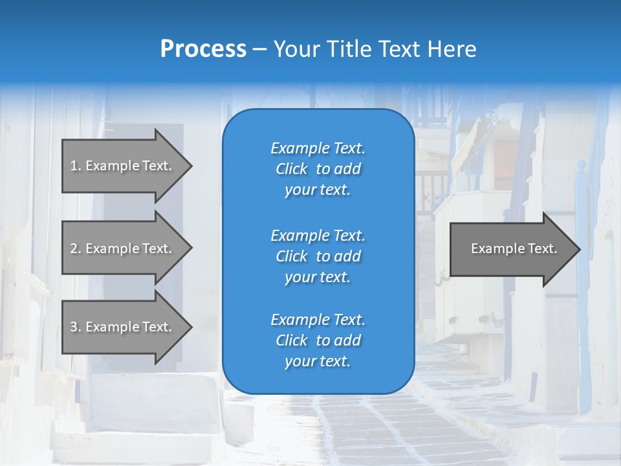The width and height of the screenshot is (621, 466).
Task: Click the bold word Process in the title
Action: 203,49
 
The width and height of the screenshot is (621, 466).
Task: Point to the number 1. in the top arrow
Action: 76,166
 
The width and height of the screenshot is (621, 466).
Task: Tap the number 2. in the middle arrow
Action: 76,249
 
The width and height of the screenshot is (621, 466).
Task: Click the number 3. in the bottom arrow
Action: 76,327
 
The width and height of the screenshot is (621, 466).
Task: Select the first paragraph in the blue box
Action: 318,169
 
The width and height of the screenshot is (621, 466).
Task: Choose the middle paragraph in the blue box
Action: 318,256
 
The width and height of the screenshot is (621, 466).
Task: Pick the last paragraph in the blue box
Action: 318,340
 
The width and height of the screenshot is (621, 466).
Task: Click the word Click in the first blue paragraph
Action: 292,169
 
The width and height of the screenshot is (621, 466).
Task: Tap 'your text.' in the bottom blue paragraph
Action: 318,362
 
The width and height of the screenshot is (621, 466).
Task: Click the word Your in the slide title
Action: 297,49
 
